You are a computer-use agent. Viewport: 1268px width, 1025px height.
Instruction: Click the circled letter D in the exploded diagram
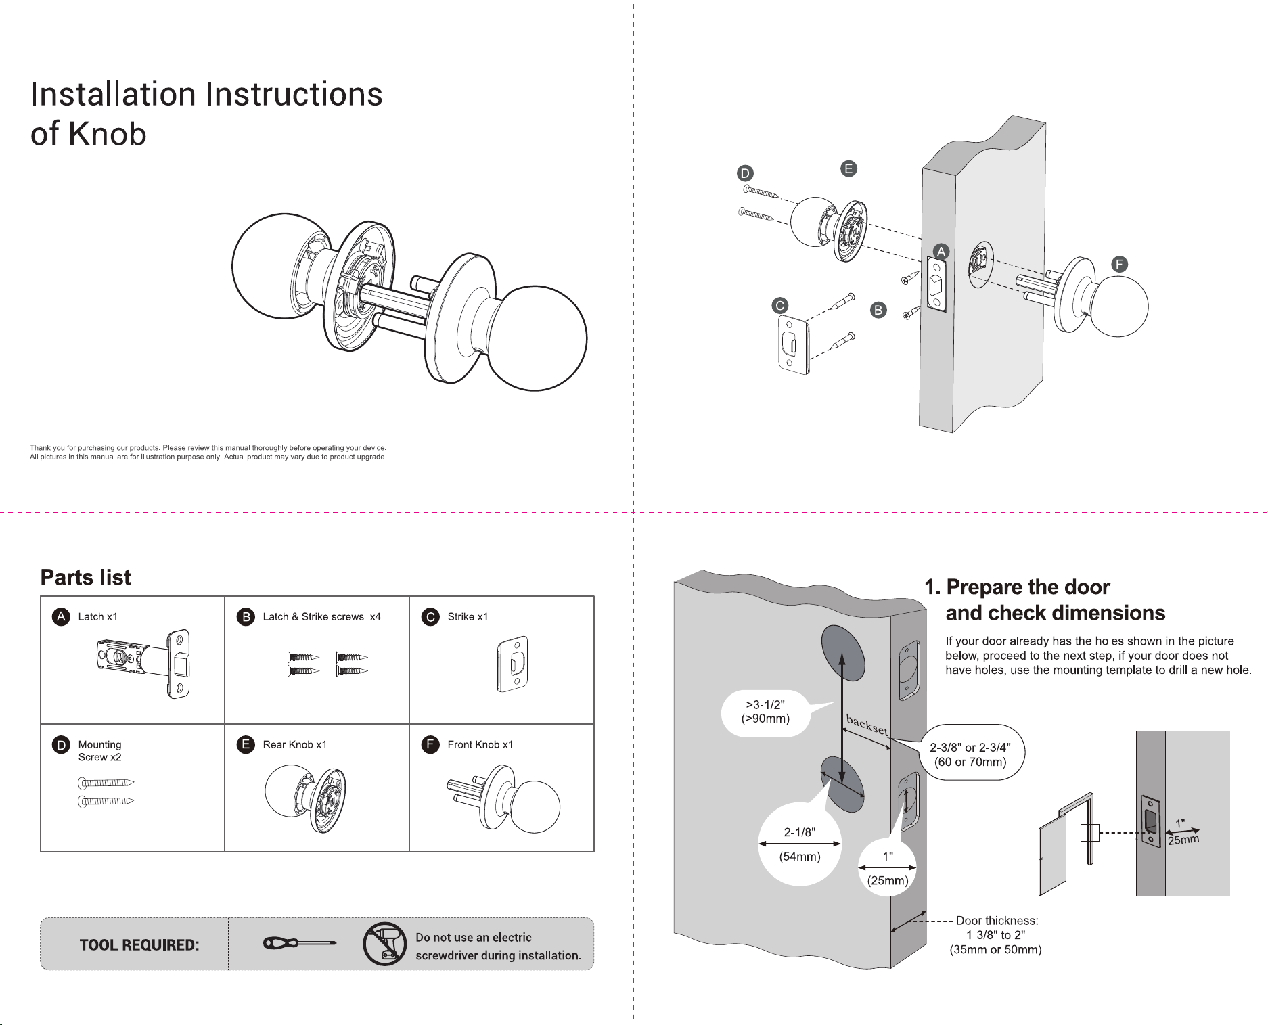[x=745, y=173]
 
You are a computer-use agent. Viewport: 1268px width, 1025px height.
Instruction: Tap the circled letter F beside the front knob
[x=1120, y=264]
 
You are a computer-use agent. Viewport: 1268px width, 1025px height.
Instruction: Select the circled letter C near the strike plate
[x=780, y=305]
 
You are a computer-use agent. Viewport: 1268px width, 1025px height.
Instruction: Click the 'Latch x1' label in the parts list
[x=97, y=616]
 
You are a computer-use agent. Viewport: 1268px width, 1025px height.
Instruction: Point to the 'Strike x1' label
[x=468, y=616]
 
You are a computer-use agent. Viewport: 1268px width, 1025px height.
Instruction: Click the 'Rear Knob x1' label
[x=294, y=744]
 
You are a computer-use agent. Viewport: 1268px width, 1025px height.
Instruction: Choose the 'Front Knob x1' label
[x=480, y=744]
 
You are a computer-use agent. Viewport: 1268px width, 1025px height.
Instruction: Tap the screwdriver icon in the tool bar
[x=300, y=943]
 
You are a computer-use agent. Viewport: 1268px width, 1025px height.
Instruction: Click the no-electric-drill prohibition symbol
[x=384, y=944]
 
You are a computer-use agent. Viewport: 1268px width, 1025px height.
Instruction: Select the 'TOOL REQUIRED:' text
[x=139, y=945]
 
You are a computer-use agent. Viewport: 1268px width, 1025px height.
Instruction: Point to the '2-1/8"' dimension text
[x=800, y=832]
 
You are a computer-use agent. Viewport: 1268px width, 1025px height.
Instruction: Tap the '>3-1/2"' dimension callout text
[x=765, y=704]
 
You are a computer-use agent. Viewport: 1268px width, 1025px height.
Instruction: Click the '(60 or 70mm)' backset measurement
[x=970, y=762]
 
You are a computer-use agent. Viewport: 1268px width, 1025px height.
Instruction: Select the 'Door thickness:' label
[x=997, y=920]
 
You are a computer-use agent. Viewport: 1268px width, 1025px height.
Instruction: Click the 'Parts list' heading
[x=86, y=577]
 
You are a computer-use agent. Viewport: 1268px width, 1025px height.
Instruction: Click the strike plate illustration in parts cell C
[x=513, y=664]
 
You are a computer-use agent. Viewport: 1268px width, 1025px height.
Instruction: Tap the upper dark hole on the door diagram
[x=843, y=653]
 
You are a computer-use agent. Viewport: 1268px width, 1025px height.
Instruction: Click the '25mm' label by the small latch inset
[x=1183, y=840]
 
